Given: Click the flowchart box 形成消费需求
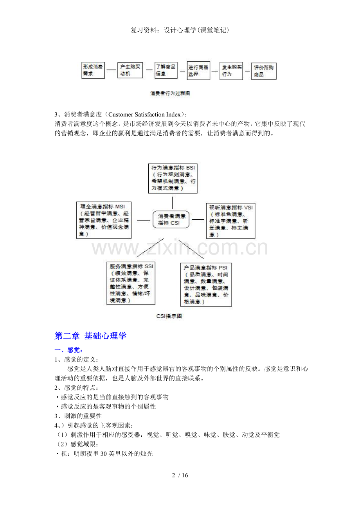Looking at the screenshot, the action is tap(93, 70).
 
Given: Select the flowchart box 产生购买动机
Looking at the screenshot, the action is tap(130, 70).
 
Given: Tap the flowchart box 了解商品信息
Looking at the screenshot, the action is tap(166, 70).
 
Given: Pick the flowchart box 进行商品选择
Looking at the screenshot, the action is tap(198, 71).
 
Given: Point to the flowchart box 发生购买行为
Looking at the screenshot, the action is tap(231, 71).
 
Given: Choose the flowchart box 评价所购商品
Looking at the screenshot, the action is tap(264, 71).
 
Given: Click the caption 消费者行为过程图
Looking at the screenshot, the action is tap(170, 93).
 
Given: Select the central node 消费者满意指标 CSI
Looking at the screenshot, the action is tap(171, 219).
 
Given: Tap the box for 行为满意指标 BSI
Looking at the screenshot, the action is tap(173, 178).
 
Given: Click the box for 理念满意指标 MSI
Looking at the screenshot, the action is tap(104, 220).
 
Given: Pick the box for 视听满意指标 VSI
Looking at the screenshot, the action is tap(230, 220).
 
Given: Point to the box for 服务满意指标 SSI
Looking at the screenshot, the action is tap(131, 283).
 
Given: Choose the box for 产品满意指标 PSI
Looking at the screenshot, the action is tap(206, 285).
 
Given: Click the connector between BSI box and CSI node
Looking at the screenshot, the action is tap(173, 203).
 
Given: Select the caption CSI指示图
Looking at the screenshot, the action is tap(169, 316).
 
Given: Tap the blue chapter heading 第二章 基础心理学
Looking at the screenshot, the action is tap(90, 336).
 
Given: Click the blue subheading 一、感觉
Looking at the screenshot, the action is tap(68, 350).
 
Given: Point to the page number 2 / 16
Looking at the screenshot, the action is tap(180, 475).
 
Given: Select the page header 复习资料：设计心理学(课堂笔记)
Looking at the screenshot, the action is tap(180, 30).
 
